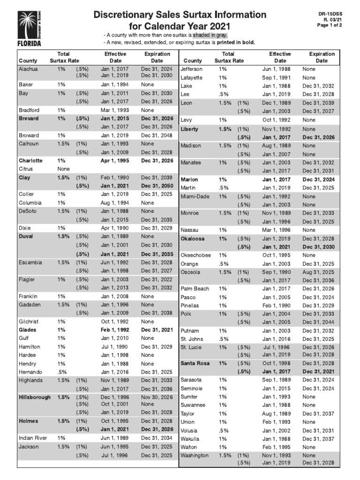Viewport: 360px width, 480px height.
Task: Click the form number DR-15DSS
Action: click(x=331, y=14)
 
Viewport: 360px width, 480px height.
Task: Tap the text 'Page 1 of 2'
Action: click(x=330, y=25)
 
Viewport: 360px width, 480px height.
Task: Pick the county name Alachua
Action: click(x=28, y=69)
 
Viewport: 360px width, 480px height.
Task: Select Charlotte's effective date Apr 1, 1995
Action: click(x=115, y=160)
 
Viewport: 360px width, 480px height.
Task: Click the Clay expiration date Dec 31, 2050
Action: click(x=157, y=186)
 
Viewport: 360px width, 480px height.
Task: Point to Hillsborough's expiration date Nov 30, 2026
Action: click(x=157, y=397)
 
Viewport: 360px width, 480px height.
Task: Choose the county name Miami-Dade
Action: click(x=195, y=196)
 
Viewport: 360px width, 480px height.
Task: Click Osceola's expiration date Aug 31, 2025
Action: click(x=319, y=272)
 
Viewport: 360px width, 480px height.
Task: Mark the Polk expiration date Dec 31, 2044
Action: click(x=319, y=322)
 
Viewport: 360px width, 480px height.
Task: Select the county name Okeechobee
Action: click(x=195, y=255)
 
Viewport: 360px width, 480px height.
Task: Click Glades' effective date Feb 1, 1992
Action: click(x=115, y=330)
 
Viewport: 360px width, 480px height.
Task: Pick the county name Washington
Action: click(x=195, y=455)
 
